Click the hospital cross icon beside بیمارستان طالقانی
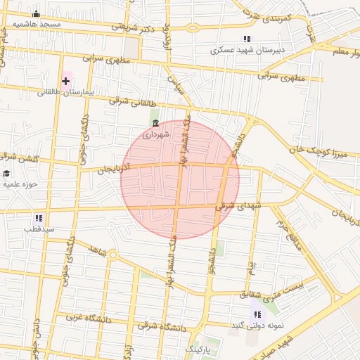(66, 82)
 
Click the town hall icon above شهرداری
(155, 124)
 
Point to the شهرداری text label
(155, 134)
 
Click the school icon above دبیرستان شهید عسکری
(246, 39)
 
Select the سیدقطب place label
(39, 229)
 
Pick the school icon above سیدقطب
(39, 219)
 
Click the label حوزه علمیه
(20, 184)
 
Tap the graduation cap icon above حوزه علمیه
(6, 174)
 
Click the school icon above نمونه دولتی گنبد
(257, 314)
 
